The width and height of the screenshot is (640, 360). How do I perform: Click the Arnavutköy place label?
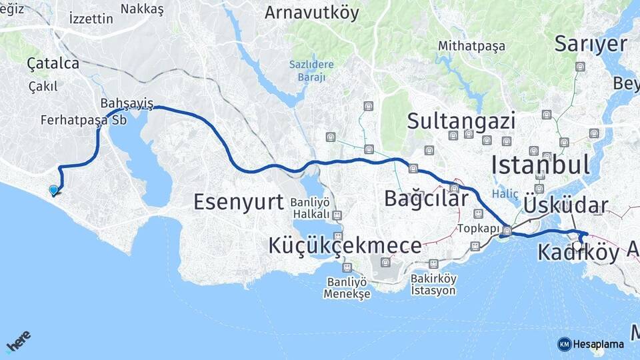click(311, 12)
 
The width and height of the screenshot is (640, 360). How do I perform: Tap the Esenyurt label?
click(239, 201)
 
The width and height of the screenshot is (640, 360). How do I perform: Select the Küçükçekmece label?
click(345, 245)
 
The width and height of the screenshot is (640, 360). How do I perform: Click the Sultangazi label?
click(461, 121)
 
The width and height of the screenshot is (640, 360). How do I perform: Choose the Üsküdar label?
click(566, 205)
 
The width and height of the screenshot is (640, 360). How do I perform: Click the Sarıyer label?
click(591, 44)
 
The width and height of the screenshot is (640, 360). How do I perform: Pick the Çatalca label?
click(53, 63)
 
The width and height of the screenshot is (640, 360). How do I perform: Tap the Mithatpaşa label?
click(471, 46)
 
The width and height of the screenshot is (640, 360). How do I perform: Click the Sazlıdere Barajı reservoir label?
click(307, 70)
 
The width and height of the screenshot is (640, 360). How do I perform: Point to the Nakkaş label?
click(142, 9)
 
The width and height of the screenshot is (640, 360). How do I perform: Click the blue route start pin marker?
click(53, 190)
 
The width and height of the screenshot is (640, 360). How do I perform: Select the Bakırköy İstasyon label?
click(433, 285)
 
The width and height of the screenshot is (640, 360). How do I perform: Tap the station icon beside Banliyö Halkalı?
click(337, 215)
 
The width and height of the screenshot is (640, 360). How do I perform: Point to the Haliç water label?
click(505, 193)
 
